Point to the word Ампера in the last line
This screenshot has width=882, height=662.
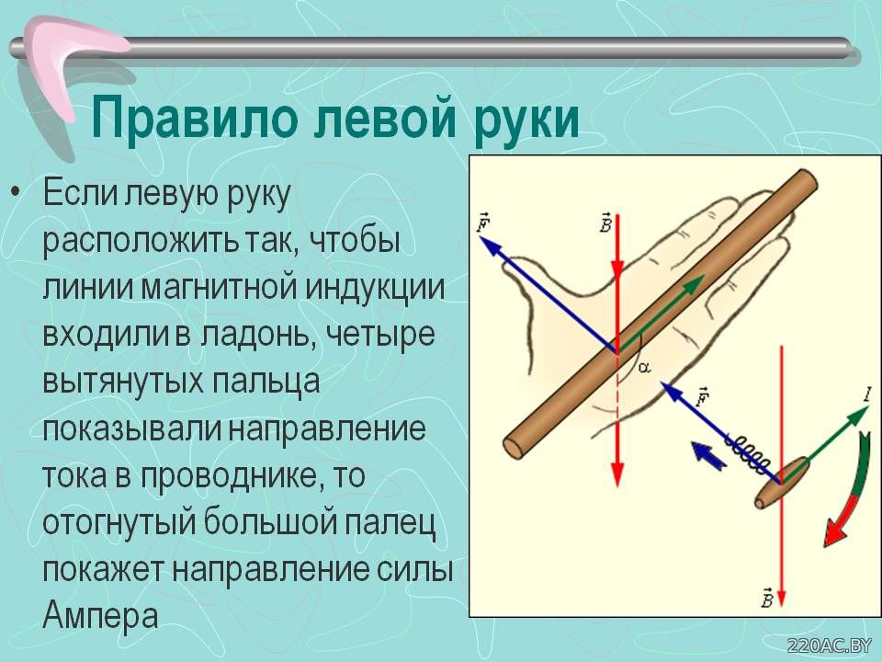click(x=100, y=615)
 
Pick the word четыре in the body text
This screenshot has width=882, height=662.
click(x=380, y=335)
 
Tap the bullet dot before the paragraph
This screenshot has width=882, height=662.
click(x=17, y=194)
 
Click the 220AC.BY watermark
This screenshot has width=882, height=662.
click(x=829, y=645)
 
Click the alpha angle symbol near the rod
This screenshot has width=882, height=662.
click(x=645, y=368)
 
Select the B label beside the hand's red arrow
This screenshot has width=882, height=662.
click(x=606, y=223)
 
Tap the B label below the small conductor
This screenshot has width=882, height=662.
click(x=766, y=597)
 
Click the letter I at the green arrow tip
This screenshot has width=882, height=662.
click(x=868, y=394)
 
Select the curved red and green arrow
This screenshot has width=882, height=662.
click(x=848, y=491)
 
